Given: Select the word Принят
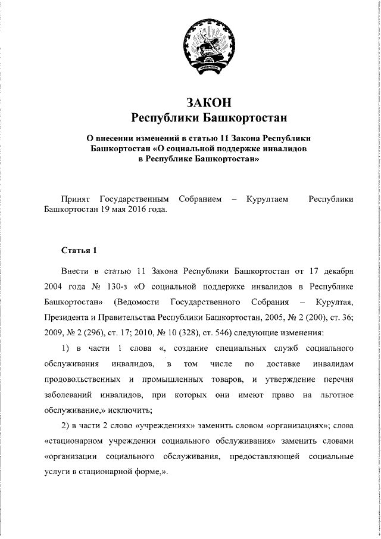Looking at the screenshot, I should click(x=76, y=198).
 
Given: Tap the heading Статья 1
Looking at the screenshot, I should click(x=78, y=249).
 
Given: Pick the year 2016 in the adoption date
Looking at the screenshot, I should click(x=138, y=210).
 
